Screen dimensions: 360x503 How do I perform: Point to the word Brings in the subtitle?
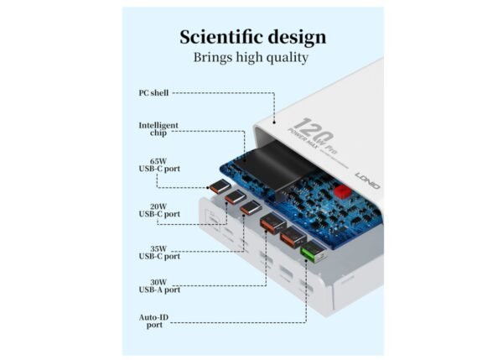(213, 58)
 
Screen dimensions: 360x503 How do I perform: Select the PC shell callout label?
(154, 93)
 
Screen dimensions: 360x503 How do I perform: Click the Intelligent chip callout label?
(158, 130)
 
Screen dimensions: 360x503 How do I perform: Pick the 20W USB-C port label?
(158, 210)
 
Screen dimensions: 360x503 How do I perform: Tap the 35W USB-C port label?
(158, 253)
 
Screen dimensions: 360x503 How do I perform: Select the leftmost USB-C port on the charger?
(220, 187)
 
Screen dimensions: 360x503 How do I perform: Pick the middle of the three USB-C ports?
(236, 197)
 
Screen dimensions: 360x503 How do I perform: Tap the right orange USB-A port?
(291, 237)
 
